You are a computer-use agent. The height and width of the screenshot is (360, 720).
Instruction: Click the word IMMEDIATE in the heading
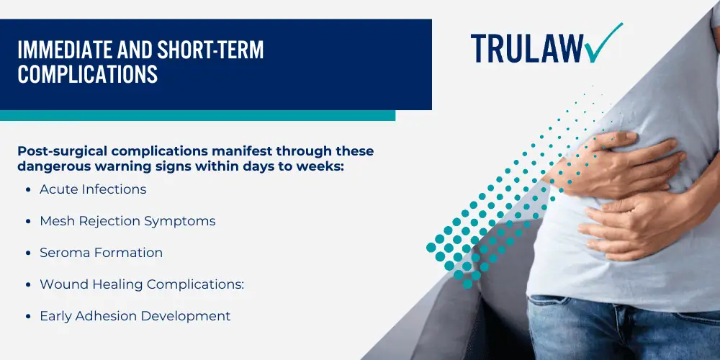pyautogui.click(x=64, y=50)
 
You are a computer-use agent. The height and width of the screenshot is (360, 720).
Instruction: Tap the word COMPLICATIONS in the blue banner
pyautogui.click(x=87, y=73)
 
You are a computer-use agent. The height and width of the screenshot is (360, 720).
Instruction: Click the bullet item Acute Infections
pyautogui.click(x=93, y=189)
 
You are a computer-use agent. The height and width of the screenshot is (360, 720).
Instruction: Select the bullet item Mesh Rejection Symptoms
pyautogui.click(x=127, y=221)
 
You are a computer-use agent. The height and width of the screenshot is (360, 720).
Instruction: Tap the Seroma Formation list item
pyautogui.click(x=101, y=253)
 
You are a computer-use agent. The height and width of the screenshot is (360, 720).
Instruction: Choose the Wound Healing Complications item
pyautogui.click(x=141, y=284)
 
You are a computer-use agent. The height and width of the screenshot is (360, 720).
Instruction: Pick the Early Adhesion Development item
pyautogui.click(x=135, y=316)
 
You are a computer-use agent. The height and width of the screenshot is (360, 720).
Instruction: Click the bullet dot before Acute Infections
pyautogui.click(x=29, y=189)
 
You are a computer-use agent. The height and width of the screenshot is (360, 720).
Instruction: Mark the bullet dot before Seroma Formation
pyautogui.click(x=29, y=253)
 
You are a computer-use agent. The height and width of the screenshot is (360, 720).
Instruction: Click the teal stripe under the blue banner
pyautogui.click(x=197, y=115)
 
